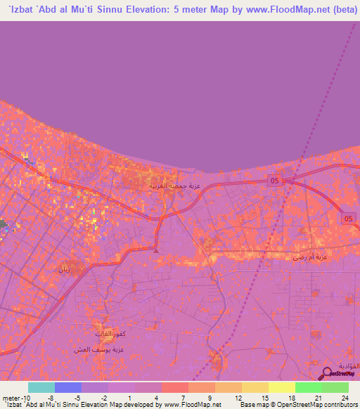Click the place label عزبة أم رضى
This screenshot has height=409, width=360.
(x=310, y=257)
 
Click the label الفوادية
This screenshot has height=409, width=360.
(x=349, y=366)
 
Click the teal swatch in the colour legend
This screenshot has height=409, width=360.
(x=41, y=387)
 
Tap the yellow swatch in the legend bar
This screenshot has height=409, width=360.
(x=281, y=387)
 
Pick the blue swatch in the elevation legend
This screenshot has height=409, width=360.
(x=68, y=387)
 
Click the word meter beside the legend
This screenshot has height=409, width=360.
(x=11, y=397)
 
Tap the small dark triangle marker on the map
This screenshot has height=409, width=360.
(x=156, y=250)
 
